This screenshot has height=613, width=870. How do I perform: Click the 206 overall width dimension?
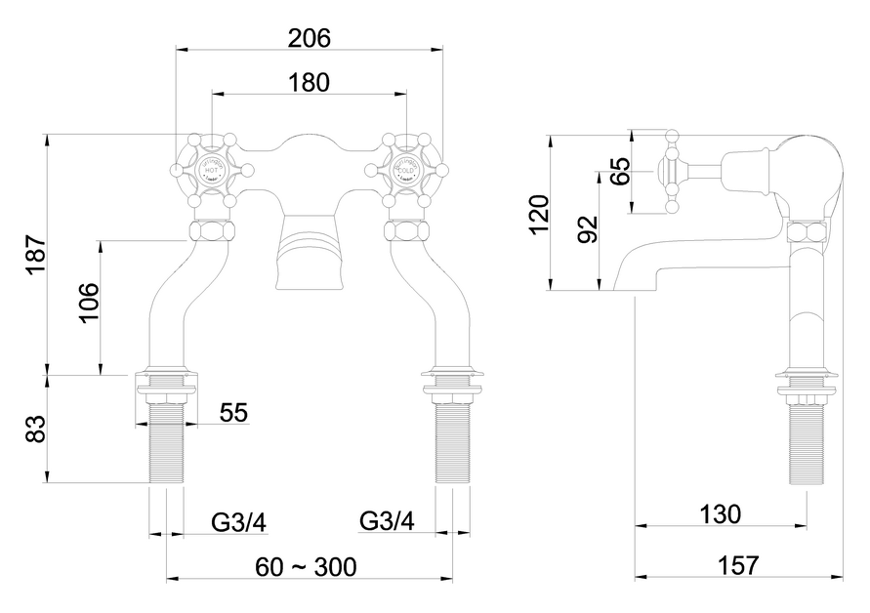[310, 38]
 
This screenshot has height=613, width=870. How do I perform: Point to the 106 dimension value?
[87, 305]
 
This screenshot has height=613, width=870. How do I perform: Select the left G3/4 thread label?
[238, 522]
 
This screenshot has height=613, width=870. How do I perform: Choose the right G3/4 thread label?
[387, 522]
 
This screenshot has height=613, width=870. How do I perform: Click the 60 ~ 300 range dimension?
[306, 567]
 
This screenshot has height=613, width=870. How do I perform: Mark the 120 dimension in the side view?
[538, 215]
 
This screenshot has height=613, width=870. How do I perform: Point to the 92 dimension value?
[587, 230]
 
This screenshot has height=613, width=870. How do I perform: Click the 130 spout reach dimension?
[720, 513]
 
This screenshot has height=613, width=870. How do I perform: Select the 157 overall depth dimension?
[738, 565]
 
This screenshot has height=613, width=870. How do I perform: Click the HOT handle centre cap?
[212, 171]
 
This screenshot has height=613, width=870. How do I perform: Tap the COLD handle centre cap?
[405, 171]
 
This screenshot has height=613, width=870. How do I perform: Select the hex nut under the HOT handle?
[212, 231]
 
